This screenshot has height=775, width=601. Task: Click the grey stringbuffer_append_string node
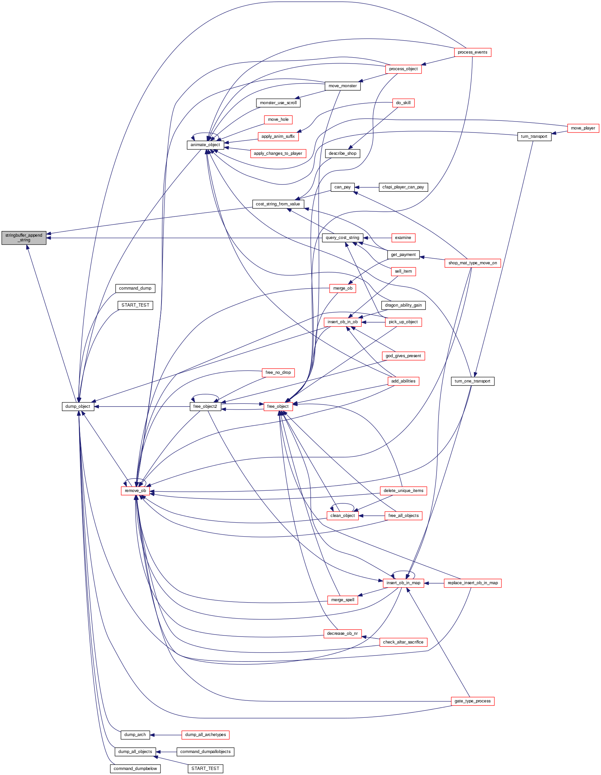point(24,237)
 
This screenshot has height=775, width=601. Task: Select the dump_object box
point(78,406)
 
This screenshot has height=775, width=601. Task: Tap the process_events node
point(472,52)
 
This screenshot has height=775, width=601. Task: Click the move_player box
point(583,128)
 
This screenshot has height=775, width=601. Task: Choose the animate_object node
point(205,145)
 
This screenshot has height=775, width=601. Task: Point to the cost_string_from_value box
point(278,204)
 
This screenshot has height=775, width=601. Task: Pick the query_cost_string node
point(342,238)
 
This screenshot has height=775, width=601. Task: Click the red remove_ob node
point(135,491)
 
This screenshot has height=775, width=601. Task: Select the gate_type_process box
point(472,701)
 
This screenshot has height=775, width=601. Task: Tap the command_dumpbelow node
point(135,769)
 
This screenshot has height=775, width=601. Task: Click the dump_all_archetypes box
point(205,735)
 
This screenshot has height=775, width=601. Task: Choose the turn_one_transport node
point(472,381)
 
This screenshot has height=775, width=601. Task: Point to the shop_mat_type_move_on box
point(472,263)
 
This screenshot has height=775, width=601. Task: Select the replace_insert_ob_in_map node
point(472,583)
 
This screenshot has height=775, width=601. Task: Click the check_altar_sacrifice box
point(403,642)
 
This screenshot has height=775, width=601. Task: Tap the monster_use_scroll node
point(278,103)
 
